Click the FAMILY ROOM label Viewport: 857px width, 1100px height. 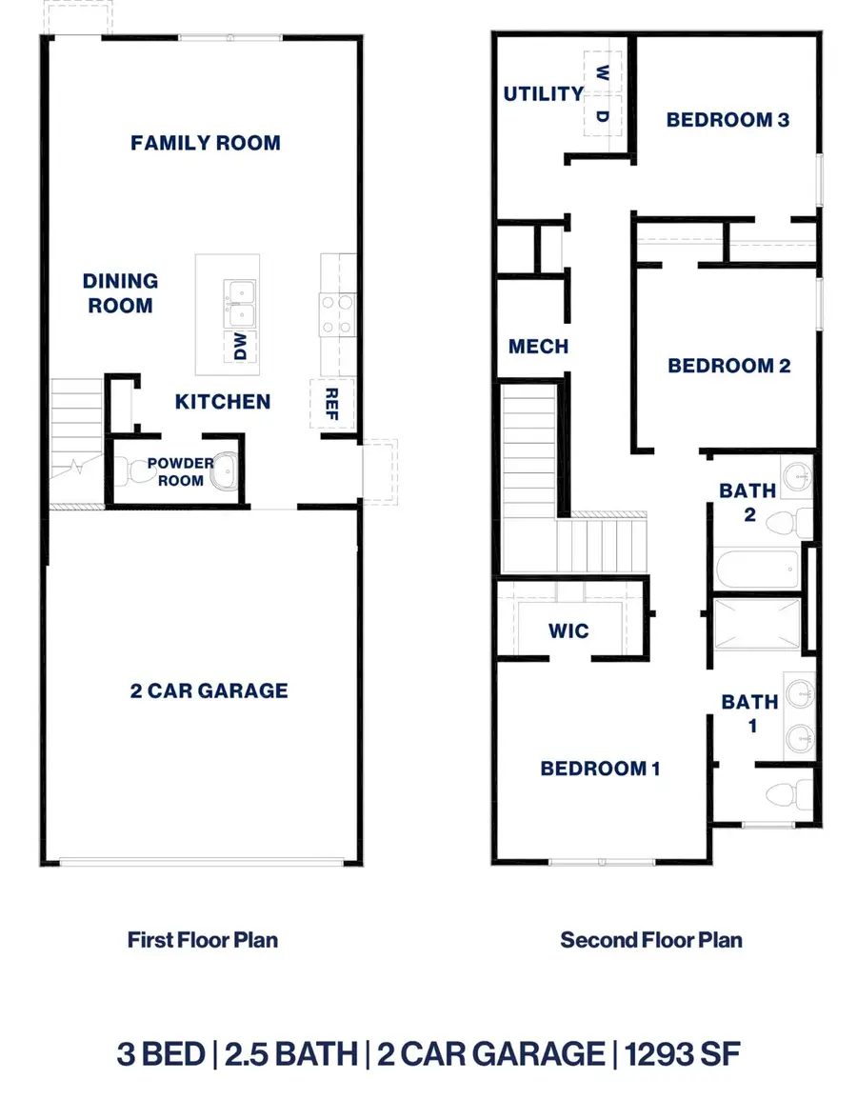(206, 143)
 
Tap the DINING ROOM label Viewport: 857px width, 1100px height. (119, 293)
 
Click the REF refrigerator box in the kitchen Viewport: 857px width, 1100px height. (332, 402)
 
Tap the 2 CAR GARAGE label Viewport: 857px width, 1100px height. (209, 690)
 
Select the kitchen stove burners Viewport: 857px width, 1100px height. (337, 314)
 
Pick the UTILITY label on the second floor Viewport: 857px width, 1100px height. (543, 93)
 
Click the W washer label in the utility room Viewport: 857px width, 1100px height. (602, 72)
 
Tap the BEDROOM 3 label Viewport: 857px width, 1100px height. (728, 120)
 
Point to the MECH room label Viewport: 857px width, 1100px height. (538, 347)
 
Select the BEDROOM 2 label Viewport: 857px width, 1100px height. (728, 366)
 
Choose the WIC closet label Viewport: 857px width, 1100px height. (568, 630)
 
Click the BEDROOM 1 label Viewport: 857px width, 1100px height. (600, 769)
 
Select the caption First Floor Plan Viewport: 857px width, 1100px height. (203, 940)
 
